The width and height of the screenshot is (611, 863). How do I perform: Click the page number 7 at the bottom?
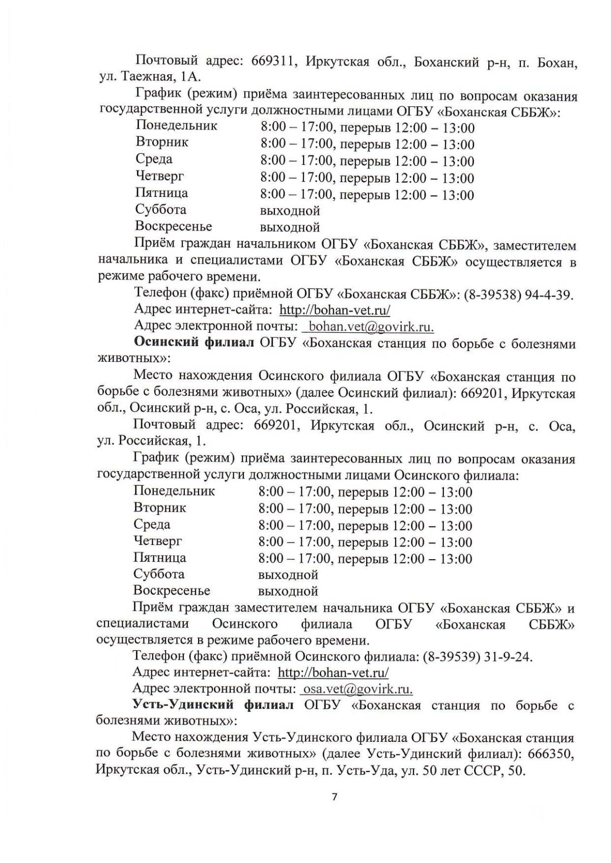335,797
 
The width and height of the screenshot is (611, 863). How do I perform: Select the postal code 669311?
275,62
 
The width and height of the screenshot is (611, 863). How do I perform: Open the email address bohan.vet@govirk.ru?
371,326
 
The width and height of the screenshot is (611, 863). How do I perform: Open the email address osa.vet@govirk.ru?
357,689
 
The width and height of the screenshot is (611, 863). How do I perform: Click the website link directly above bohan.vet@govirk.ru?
335,310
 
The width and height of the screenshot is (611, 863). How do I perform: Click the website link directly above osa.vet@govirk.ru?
333,673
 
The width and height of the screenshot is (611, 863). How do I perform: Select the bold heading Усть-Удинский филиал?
213,705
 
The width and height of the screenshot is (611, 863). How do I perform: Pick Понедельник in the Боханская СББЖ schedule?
176,126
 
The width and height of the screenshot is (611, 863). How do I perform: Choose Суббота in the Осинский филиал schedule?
159,574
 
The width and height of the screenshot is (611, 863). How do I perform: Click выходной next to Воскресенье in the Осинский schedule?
288,591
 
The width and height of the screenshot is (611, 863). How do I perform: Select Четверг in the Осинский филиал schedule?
157,541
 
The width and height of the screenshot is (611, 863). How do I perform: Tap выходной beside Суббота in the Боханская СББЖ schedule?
290,210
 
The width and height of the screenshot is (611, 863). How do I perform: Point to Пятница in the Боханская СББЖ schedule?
161,193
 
